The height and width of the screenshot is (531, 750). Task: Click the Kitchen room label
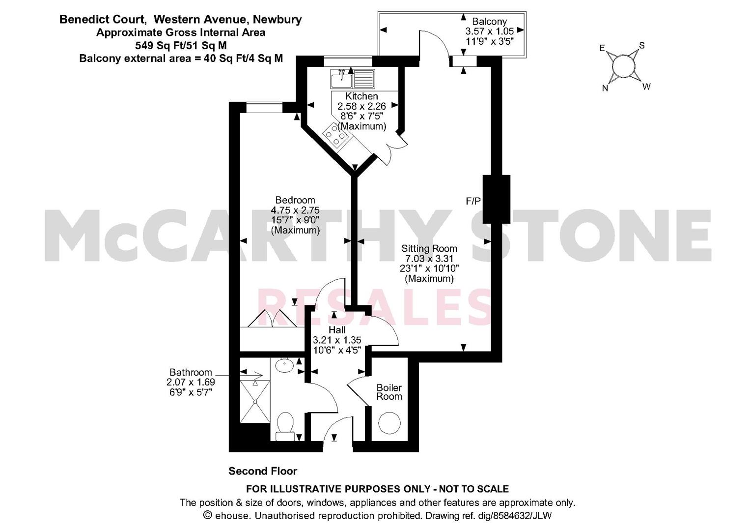(x=361, y=96)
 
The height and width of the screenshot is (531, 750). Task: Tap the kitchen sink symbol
(x=353, y=79)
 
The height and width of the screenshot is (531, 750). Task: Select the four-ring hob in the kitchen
(x=335, y=134)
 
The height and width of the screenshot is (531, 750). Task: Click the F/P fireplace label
(x=473, y=201)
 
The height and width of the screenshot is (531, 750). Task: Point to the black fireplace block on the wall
(x=496, y=199)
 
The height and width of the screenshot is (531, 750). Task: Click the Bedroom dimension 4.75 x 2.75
(x=295, y=210)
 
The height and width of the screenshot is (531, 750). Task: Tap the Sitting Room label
(x=429, y=248)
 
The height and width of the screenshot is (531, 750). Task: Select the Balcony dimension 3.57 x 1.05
(x=489, y=31)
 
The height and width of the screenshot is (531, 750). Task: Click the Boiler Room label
(x=389, y=392)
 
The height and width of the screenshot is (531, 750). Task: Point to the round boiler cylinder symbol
(x=389, y=424)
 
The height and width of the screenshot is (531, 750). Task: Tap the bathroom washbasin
(x=284, y=365)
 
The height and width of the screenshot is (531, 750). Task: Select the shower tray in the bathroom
(x=255, y=401)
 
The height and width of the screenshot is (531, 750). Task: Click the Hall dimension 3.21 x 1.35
(x=337, y=340)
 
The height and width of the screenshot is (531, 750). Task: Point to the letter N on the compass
(x=605, y=88)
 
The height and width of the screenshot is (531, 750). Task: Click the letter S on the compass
(x=642, y=45)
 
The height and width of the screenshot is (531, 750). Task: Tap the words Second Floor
(x=263, y=472)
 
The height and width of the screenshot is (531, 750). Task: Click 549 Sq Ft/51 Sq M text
(x=181, y=45)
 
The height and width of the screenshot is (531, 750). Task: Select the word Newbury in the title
(x=277, y=20)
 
